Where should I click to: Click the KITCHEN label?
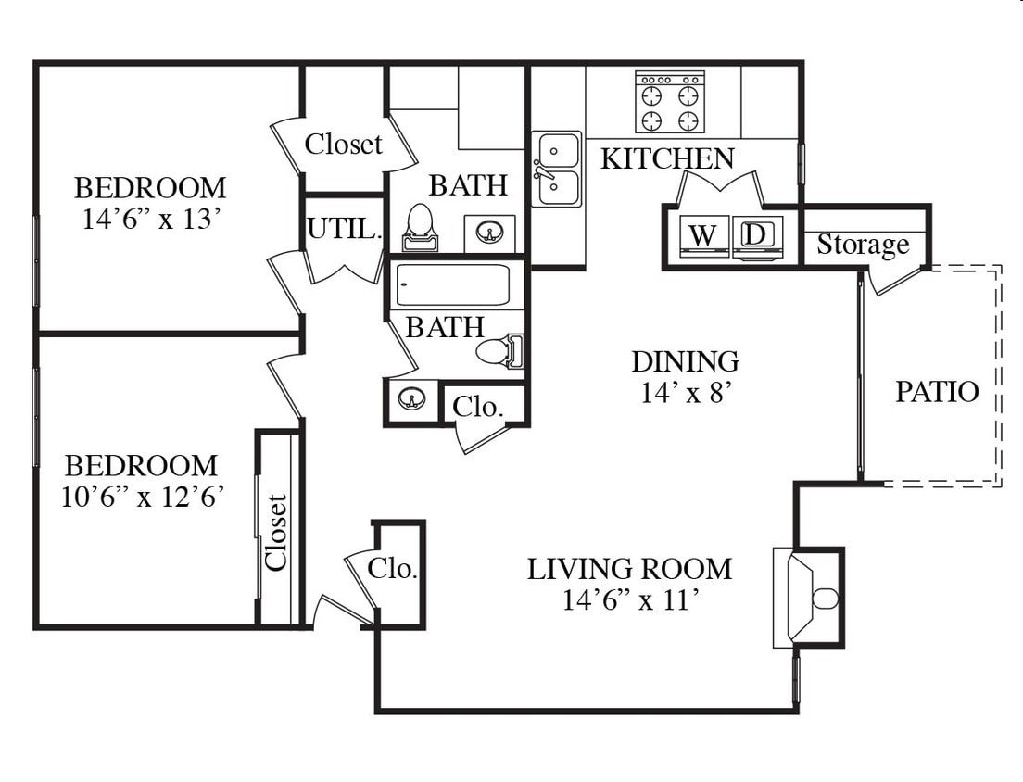(x=667, y=158)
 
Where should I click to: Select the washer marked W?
(x=703, y=236)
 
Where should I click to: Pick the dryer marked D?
(x=757, y=236)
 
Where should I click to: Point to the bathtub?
(x=453, y=285)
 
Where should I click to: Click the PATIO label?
(x=937, y=391)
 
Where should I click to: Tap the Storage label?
(x=863, y=245)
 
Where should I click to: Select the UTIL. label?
(x=344, y=229)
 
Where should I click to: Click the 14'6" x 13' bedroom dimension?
(x=149, y=220)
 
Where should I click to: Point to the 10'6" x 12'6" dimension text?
(x=143, y=497)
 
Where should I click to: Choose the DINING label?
(x=685, y=361)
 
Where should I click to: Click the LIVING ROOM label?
(x=629, y=569)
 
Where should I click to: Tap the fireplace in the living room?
(x=808, y=598)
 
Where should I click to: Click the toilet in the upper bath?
(x=419, y=227)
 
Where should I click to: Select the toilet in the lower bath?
(x=500, y=351)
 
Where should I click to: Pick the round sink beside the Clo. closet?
(x=411, y=397)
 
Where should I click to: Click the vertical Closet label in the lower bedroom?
(x=276, y=533)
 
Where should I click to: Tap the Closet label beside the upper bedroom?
(x=343, y=145)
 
